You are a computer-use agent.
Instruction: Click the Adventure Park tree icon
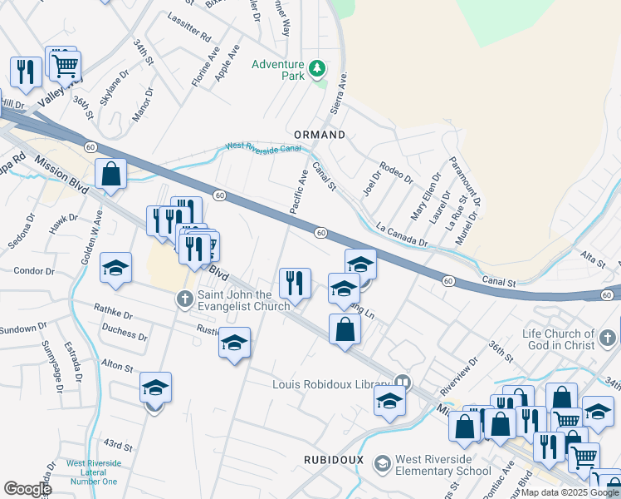tap(316, 68)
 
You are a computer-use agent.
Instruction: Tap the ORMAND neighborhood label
tap(320, 134)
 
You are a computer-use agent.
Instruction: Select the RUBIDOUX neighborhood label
tap(331, 458)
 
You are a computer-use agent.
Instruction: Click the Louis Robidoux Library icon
tap(403, 383)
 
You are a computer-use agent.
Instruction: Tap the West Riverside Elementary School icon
tap(382, 462)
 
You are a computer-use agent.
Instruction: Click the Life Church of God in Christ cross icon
tap(608, 338)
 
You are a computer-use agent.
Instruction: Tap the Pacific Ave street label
tap(299, 191)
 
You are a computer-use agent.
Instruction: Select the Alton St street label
tap(116, 366)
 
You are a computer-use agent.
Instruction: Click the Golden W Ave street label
tap(92, 238)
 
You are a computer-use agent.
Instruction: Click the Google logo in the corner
tap(27, 489)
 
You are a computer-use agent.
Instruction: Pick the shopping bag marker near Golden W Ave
tap(110, 175)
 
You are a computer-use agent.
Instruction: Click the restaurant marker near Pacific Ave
tap(295, 284)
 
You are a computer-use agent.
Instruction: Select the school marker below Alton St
tap(155, 388)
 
